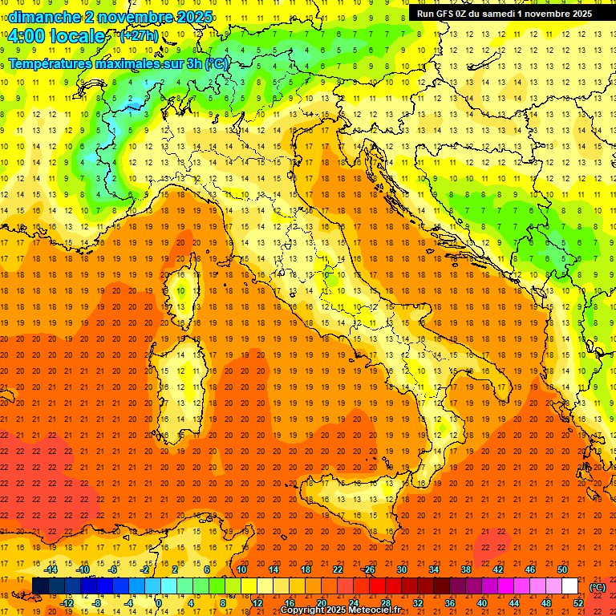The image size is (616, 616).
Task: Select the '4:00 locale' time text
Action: pos(56,36)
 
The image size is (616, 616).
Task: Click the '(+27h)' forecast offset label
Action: pos(139,36)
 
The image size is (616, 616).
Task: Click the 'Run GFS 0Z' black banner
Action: pos(504,13)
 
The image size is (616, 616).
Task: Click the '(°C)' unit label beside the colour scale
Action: pos(598,587)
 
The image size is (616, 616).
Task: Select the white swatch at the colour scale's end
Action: pos(569,586)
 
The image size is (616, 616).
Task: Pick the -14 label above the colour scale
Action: pos(51,569)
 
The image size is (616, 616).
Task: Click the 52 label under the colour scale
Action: pos(578,603)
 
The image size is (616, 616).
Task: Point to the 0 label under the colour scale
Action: pos(160,603)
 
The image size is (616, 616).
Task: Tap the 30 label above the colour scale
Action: pos(402,569)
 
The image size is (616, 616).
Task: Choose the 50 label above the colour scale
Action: pos(562,569)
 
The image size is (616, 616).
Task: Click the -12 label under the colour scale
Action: pos(67,603)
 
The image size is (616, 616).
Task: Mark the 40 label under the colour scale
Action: pos(482,603)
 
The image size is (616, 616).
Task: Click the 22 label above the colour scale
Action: pos(338,569)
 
